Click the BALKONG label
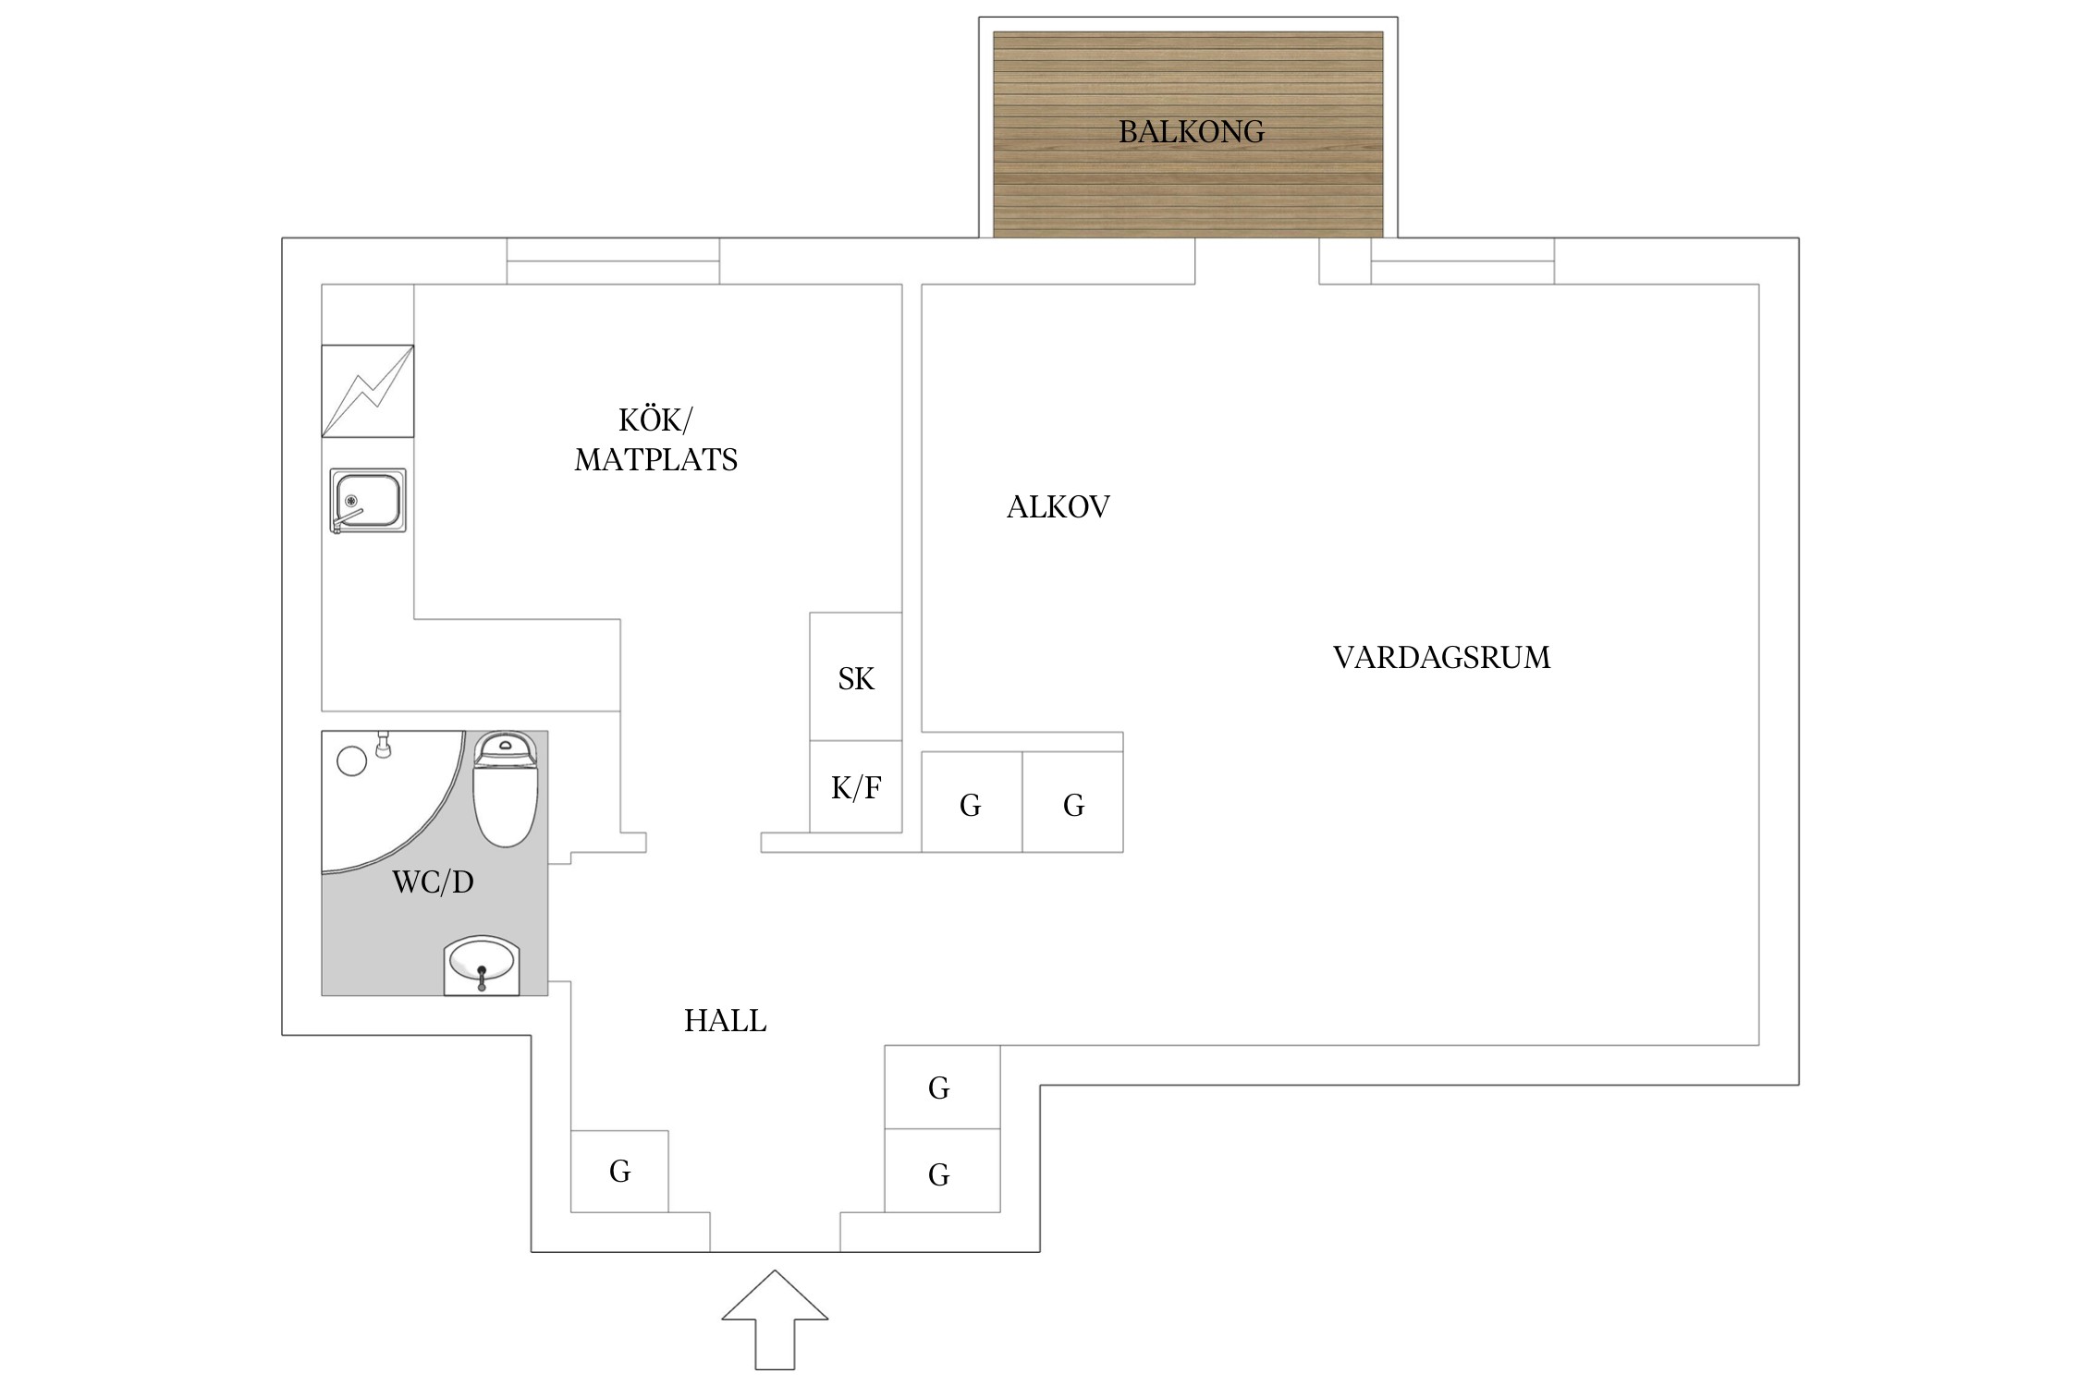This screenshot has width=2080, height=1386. [1191, 132]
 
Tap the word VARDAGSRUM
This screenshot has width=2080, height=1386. [1441, 658]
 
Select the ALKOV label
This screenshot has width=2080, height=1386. [1058, 507]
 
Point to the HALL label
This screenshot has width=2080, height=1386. [725, 1021]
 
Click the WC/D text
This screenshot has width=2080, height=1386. [433, 882]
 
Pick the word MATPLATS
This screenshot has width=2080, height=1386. [655, 460]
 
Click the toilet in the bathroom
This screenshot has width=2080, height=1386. [505, 789]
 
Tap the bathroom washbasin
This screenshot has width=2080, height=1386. [482, 966]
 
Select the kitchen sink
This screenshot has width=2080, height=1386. [368, 501]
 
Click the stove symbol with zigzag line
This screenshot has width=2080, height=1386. [368, 391]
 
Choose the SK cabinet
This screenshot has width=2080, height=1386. [856, 676]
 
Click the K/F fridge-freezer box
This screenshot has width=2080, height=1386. [856, 786]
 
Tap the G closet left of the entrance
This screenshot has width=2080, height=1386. [619, 1171]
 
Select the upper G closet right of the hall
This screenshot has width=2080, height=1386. [942, 1087]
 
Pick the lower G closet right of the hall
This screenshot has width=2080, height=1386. [942, 1171]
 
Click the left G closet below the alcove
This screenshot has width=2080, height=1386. [972, 801]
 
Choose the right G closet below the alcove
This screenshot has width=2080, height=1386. [1072, 801]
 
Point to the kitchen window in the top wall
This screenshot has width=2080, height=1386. [613, 261]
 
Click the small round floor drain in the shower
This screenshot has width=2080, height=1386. [352, 760]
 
